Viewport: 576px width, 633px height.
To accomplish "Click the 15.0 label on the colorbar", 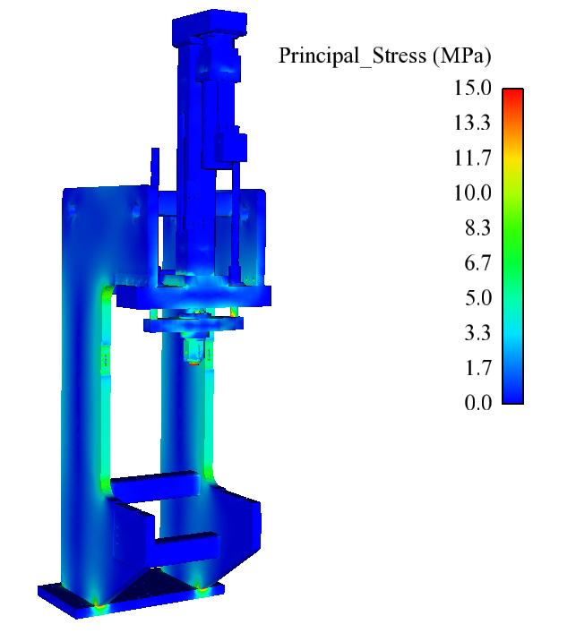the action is coord(473,88).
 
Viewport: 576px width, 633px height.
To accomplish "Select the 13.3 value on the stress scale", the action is coord(473,123).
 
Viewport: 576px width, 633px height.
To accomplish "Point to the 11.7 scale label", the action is coord(473,158).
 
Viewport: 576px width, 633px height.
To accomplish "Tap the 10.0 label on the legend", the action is coord(473,192).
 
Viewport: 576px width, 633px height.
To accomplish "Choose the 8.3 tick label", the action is coord(477,227).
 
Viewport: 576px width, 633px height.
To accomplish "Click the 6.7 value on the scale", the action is coord(477,263).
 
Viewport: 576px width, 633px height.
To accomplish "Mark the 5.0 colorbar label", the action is coord(478,297).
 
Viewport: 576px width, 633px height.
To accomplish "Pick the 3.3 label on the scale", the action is coord(477,333).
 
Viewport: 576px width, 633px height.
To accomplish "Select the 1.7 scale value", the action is coord(478,368).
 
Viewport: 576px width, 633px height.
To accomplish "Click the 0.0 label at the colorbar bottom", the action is coord(478,403).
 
